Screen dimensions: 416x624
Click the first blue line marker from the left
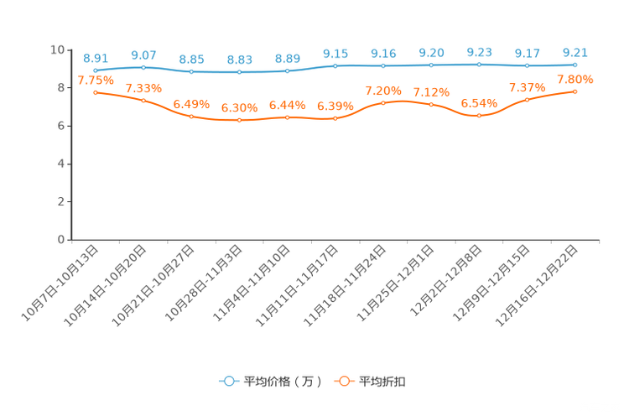tap(96, 71)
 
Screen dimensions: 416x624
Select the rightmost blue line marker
tap(575, 65)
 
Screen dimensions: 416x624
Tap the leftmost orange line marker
tap(96, 91)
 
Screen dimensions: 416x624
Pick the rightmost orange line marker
tap(575, 91)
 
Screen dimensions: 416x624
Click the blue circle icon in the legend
tap(228, 381)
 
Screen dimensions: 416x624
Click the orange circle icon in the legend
tap(343, 381)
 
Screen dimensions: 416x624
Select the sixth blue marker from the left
tap(335, 65)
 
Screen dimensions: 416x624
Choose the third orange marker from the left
tap(191, 117)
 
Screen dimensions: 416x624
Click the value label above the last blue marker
tap(575, 52)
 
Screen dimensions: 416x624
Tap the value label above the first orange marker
tap(96, 80)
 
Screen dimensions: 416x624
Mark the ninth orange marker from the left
tap(479, 116)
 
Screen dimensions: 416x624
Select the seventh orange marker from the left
tap(383, 102)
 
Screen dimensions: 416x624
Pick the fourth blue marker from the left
tap(239, 72)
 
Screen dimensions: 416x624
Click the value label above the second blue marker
tap(143, 55)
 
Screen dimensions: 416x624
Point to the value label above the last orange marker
tap(575, 79)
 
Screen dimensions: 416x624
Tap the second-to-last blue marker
tap(527, 65)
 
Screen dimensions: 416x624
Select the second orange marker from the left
tap(143, 100)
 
